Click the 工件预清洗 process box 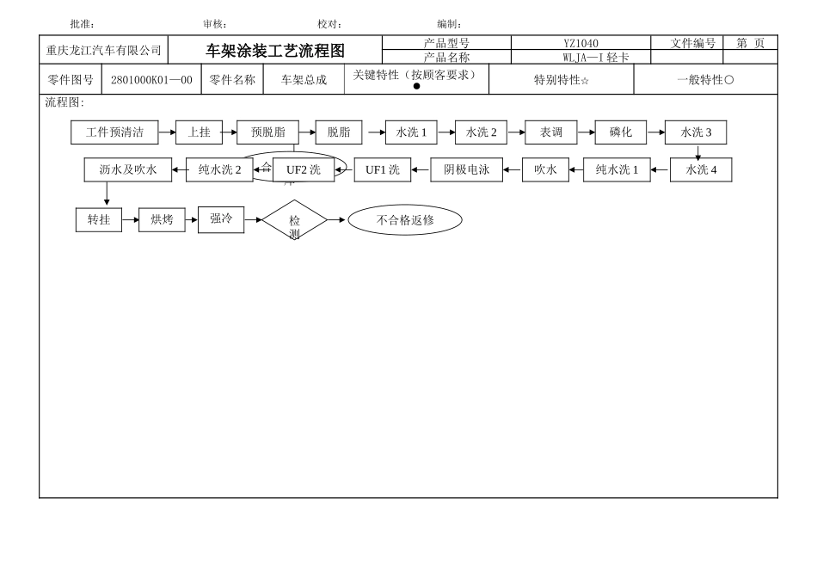click(x=114, y=132)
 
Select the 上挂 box click(x=199, y=132)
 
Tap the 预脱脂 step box click(x=267, y=132)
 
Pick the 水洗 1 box click(x=411, y=132)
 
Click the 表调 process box click(x=551, y=132)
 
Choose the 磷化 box click(x=621, y=132)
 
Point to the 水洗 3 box click(x=696, y=132)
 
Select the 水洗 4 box click(x=701, y=170)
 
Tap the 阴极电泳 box click(x=467, y=170)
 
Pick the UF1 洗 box click(x=383, y=170)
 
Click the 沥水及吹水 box click(x=128, y=170)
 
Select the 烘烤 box click(x=162, y=220)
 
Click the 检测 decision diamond click(x=294, y=220)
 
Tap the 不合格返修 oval click(x=405, y=220)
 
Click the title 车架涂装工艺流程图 click(x=274, y=51)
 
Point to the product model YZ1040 click(x=580, y=43)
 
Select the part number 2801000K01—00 click(x=151, y=80)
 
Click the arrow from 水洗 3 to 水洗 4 click(x=698, y=152)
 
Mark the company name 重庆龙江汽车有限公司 click(x=104, y=51)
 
